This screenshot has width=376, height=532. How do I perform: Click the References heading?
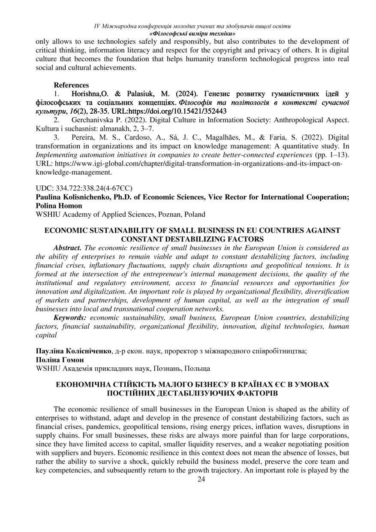coord(72,85)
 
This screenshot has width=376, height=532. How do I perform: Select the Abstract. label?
coord(67,248)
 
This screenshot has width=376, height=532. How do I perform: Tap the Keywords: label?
coord(70,317)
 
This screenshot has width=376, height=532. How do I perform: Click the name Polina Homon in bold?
coord(56,206)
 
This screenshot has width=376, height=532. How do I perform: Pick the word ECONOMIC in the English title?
coord(65,230)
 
